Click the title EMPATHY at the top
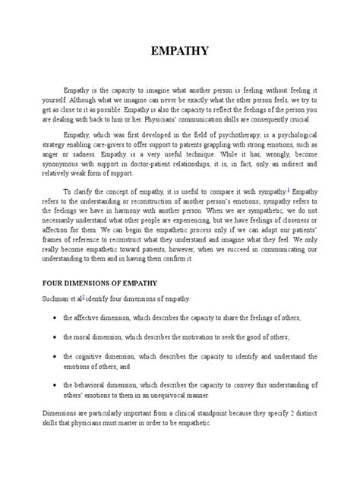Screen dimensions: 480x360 coord(179,54)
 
